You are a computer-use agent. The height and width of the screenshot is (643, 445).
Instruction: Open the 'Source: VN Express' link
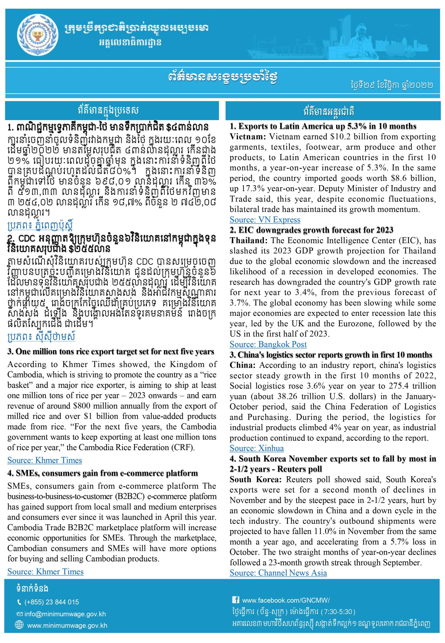pos(265,220)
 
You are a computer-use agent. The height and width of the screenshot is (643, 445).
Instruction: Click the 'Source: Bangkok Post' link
pos(268,344)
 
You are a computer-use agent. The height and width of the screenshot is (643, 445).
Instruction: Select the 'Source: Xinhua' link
pos(256,448)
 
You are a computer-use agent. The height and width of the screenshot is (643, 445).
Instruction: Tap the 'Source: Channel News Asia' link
pos(278,573)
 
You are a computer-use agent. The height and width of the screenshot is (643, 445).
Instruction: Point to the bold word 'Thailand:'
pos(248,240)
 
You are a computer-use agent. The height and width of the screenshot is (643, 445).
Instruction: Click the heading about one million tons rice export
pos(111,352)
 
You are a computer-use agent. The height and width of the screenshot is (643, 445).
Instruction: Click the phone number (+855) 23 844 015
pos(51,602)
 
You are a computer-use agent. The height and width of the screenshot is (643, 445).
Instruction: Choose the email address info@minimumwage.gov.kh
pos(65,614)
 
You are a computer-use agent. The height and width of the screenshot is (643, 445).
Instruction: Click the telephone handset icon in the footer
pos(19,602)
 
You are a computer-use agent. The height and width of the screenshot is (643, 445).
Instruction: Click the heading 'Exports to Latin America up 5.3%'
pos(323,126)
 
